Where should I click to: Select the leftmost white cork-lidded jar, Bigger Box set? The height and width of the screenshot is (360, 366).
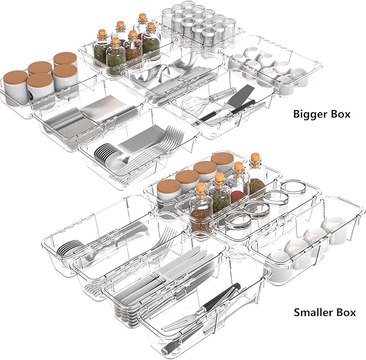[x=16, y=87]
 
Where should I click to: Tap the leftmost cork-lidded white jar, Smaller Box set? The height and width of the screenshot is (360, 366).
[x=169, y=190]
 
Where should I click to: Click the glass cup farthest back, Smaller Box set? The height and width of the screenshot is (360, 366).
[x=293, y=189]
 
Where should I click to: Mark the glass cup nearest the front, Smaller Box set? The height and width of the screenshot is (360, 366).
[x=238, y=223]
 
